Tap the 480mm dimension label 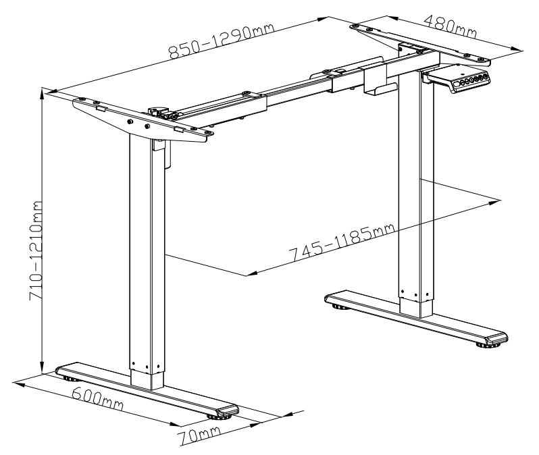point(451,26)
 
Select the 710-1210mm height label point(36,251)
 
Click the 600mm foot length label point(98,399)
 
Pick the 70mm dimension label point(199,435)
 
